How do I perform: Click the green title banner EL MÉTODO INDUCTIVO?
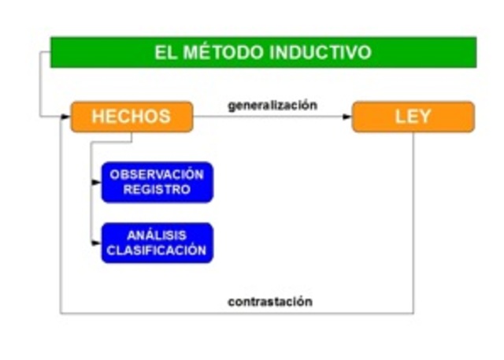click(x=263, y=52)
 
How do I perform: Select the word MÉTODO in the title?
click(x=224, y=53)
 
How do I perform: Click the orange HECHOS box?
click(x=132, y=117)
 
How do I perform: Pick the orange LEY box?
click(x=413, y=117)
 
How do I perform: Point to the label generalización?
click(x=272, y=104)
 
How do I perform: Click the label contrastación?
click(x=270, y=301)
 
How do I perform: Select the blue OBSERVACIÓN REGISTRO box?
click(x=157, y=182)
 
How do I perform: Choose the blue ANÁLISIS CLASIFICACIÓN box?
click(x=157, y=243)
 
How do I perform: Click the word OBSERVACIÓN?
click(x=157, y=174)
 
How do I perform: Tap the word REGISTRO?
click(x=157, y=190)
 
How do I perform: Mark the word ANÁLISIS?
click(x=157, y=235)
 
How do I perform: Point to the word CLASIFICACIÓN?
click(x=157, y=251)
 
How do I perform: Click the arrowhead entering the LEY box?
click(x=347, y=117)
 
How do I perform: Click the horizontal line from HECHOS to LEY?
click(x=268, y=117)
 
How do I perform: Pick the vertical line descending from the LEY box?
click(x=413, y=221)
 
